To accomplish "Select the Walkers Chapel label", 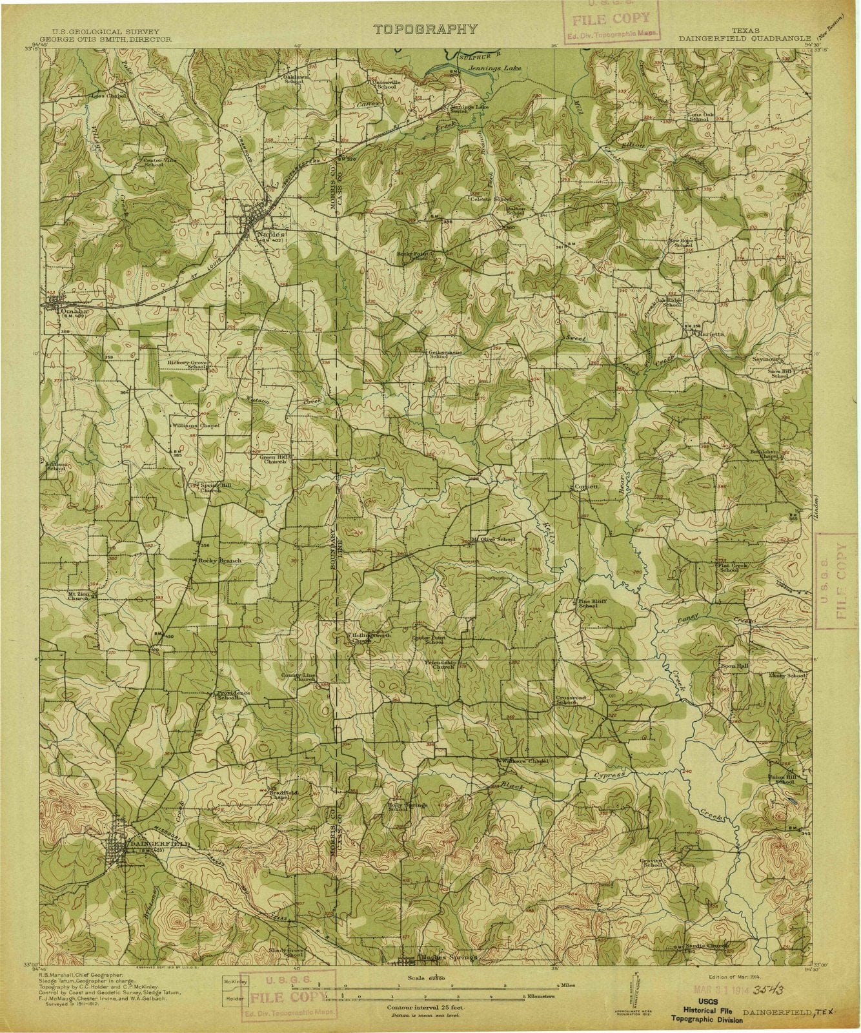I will coord(527,761).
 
